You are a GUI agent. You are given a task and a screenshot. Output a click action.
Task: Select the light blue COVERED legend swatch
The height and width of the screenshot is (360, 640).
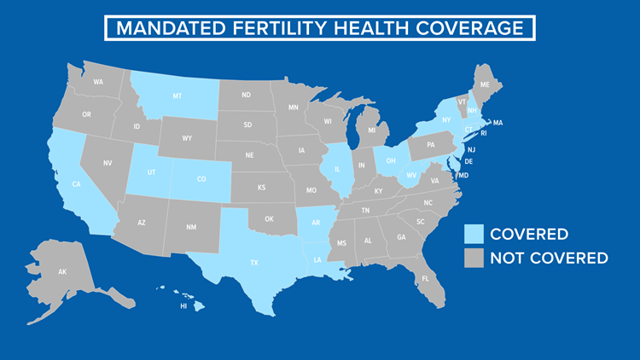click(473, 234)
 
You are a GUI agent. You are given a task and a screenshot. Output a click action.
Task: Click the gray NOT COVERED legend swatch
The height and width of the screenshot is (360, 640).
click(473, 258)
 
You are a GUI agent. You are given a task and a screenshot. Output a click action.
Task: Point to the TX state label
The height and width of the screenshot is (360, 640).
click(254, 263)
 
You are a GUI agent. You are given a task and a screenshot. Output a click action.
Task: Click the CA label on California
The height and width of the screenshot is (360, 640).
click(77, 184)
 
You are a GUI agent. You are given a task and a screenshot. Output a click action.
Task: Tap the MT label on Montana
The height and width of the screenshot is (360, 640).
click(177, 96)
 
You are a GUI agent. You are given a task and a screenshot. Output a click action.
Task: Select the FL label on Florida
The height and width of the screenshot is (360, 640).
click(424, 279)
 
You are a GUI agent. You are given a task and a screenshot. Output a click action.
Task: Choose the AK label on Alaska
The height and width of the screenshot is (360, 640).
click(62, 271)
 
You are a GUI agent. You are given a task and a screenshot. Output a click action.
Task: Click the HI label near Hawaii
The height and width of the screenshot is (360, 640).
click(182, 305)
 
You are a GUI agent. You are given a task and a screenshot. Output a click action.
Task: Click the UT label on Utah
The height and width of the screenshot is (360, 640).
click(150, 171)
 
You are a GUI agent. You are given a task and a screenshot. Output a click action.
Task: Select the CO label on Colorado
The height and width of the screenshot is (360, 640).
click(201, 179)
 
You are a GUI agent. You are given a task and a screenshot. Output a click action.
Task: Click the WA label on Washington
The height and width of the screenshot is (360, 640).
click(98, 82)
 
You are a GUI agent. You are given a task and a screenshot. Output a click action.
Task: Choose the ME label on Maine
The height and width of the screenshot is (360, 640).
click(485, 85)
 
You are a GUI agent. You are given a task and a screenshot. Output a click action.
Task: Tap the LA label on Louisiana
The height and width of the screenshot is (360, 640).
click(318, 259)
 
